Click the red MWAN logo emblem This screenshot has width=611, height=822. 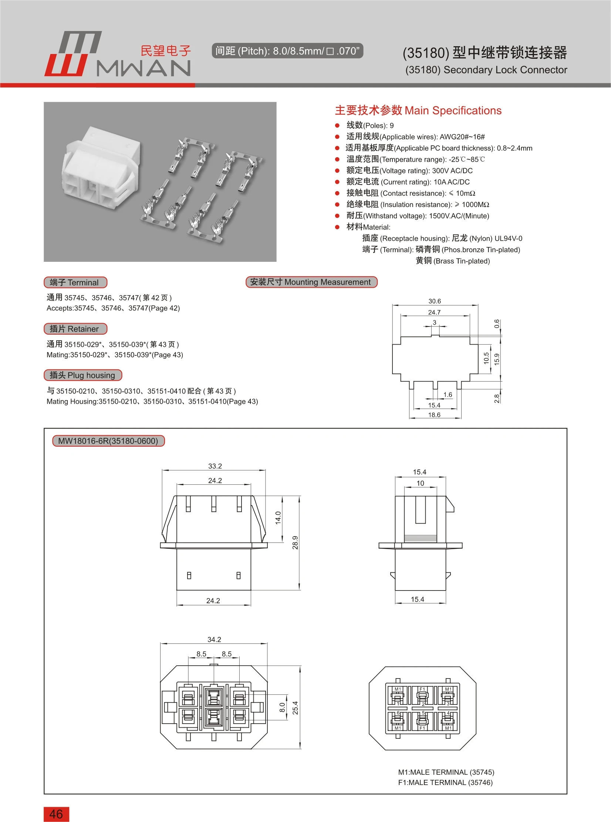coord(72,54)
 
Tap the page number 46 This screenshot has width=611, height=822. coord(56,814)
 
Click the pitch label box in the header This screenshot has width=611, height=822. coord(287,51)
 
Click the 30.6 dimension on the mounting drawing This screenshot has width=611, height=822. coord(434,301)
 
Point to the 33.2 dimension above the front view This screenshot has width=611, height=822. coord(215,466)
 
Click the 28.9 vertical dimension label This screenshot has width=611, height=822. coord(295,542)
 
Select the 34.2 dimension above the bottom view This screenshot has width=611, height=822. coord(214,639)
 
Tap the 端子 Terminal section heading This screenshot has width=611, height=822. coord(75,283)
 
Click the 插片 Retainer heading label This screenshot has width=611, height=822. coord(75,329)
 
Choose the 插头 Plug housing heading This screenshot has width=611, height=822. coord(83,375)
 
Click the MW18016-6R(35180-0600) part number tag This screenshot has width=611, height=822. coord(108,441)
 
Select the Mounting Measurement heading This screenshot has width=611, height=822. coord(311,282)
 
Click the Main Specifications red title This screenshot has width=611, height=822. coord(418,111)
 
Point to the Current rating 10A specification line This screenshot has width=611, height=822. coord(408,182)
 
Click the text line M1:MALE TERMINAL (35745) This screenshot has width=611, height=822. coord(446,772)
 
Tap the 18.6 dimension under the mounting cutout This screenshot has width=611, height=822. coord(434,415)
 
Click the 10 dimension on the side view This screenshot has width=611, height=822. coord(420,483)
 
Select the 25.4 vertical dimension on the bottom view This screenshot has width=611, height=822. coord(295,708)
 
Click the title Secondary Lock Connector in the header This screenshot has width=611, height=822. coord(486,70)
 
